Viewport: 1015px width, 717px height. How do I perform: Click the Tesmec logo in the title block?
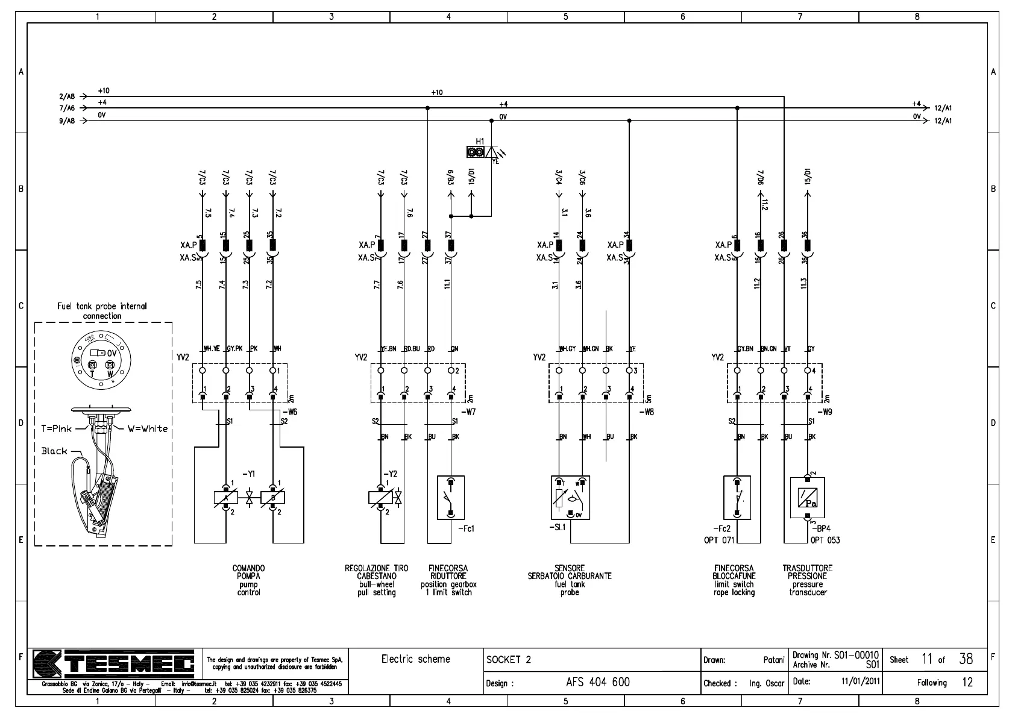(114, 665)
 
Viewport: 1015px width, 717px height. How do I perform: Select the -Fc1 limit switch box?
(450, 498)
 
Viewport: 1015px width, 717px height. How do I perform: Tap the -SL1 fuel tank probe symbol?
(570, 498)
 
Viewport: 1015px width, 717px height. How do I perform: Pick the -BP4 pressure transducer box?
(807, 498)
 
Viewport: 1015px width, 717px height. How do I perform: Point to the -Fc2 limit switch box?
(737, 498)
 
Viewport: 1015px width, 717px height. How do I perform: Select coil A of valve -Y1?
(225, 498)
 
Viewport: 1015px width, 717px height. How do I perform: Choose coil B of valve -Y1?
(273, 498)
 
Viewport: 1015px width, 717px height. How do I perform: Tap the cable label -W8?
(647, 412)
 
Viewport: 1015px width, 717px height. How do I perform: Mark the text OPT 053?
(825, 540)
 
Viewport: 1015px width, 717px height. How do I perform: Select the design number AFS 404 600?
(597, 682)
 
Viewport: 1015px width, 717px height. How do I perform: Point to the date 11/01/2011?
(861, 681)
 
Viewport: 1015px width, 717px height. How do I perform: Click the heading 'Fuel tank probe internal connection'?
(102, 311)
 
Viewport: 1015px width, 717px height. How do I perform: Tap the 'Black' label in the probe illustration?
(54, 451)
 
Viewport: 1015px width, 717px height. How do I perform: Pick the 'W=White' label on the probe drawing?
(147, 429)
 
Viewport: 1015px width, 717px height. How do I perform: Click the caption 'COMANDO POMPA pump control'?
(248, 580)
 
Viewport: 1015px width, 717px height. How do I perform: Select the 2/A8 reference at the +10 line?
(67, 96)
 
